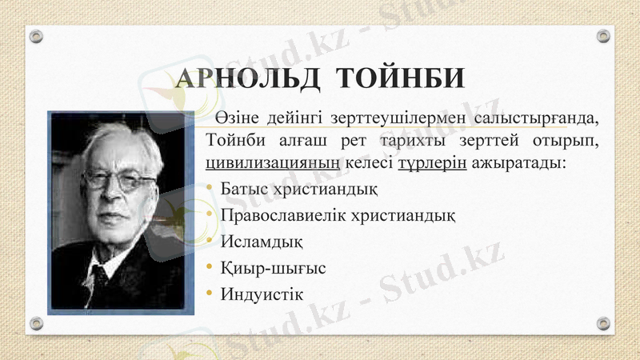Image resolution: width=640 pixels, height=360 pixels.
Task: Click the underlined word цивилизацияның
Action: pos(274,164)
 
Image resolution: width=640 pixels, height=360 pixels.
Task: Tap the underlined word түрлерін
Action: pos(432,164)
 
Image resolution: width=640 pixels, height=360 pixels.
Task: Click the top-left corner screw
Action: pos(36,36)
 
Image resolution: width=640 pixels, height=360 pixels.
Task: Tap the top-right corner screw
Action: pos(603,36)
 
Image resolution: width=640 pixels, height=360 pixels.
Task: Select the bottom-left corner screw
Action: pos(36,323)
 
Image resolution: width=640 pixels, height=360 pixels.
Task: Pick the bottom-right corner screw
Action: pos(603,323)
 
